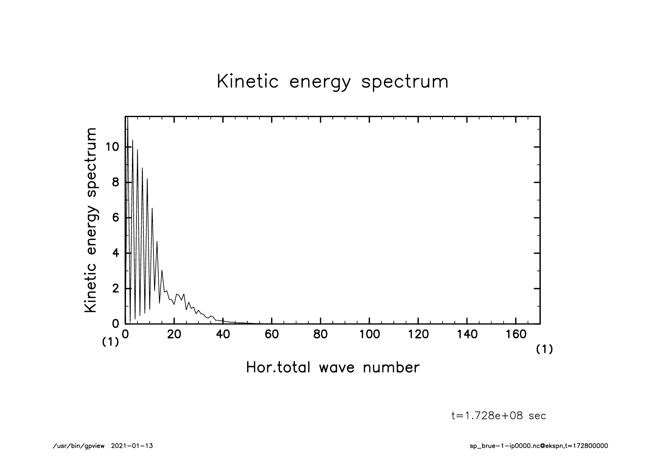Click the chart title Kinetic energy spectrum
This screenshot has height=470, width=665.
pyautogui.click(x=332, y=82)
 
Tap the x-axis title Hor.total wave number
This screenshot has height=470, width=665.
pyautogui.click(x=332, y=367)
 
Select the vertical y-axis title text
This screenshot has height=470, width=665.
pyautogui.click(x=91, y=220)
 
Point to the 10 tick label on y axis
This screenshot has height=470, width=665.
pyautogui.click(x=111, y=147)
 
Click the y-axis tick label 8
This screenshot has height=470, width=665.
pyautogui.click(x=115, y=182)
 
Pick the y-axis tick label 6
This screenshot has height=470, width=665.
pyautogui.click(x=115, y=218)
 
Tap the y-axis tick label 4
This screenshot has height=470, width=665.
pyautogui.click(x=115, y=253)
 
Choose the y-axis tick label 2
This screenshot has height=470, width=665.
pyautogui.click(x=115, y=289)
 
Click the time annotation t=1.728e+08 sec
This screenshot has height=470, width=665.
pyautogui.click(x=499, y=416)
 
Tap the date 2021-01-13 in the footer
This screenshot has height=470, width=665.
pyautogui.click(x=132, y=446)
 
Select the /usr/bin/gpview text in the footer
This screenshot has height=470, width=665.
pyautogui.click(x=79, y=446)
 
